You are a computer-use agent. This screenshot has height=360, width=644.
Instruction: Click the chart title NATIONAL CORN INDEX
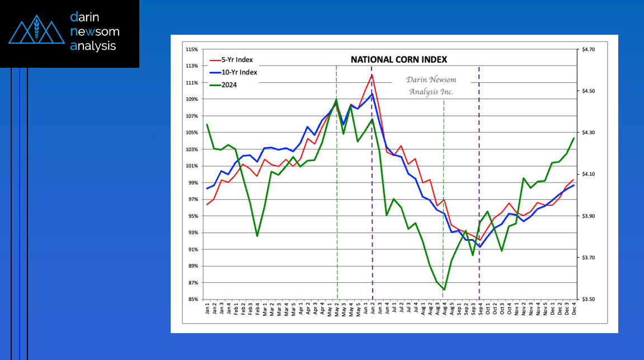point(399,59)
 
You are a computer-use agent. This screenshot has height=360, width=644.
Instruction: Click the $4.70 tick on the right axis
point(589,50)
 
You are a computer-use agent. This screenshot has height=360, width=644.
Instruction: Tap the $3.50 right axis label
point(589,300)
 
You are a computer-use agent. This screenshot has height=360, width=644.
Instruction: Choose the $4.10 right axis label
point(589,175)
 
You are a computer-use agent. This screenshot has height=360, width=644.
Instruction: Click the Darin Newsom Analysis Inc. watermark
point(430,86)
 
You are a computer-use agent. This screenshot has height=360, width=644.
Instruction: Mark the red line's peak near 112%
point(372,74)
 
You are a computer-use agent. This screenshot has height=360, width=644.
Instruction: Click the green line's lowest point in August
point(444,289)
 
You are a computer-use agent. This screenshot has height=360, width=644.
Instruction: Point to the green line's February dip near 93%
point(257,236)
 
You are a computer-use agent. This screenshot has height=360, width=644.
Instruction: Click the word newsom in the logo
point(95,31)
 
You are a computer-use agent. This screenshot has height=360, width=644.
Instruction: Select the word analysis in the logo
point(93,45)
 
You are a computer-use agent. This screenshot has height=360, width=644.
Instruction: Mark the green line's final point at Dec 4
point(574,138)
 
